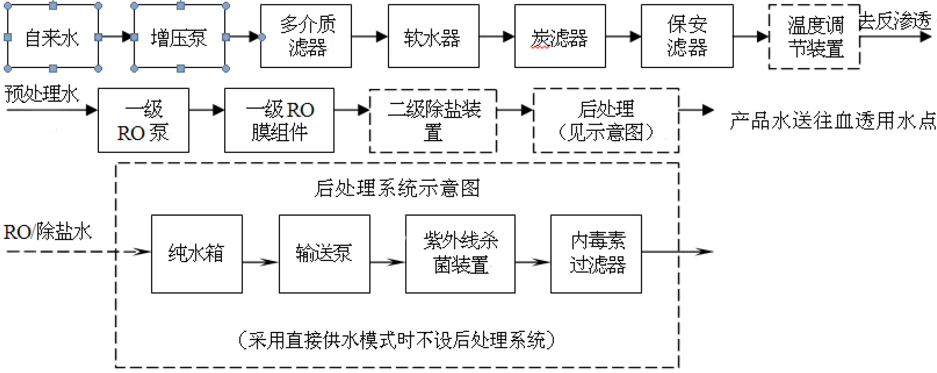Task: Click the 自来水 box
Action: [x=53, y=37]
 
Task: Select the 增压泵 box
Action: [x=179, y=37]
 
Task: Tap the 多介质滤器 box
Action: [x=306, y=36]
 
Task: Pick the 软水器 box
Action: [x=433, y=36]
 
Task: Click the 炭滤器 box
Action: [x=560, y=36]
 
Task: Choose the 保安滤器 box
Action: [x=687, y=36]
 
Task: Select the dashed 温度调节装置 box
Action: [x=814, y=37]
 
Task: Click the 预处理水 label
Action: [x=41, y=94]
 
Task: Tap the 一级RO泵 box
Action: [x=143, y=120]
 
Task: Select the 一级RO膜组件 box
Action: [x=279, y=120]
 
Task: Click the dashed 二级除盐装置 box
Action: [x=433, y=121]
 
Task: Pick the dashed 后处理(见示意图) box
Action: [x=606, y=120]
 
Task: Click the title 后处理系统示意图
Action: [x=397, y=188]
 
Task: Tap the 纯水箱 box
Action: [x=197, y=254]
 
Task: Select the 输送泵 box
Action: [x=324, y=254]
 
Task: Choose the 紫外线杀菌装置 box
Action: [x=460, y=254]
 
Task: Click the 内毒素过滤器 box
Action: [x=596, y=254]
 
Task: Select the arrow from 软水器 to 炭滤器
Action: [x=496, y=36]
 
